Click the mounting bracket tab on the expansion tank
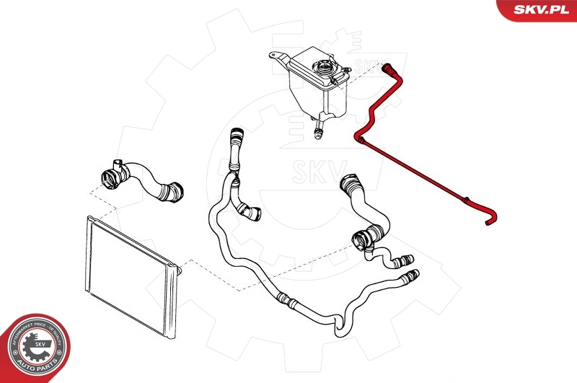click(x=277, y=56)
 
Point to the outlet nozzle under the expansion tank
click(x=317, y=131)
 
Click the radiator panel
click(x=130, y=274)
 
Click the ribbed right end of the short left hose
click(x=173, y=192)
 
